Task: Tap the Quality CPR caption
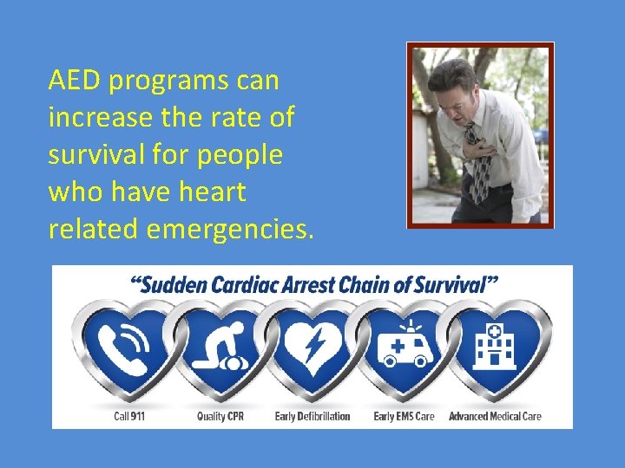(x=220, y=417)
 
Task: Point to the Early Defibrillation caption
(x=312, y=417)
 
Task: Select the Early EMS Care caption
(x=404, y=417)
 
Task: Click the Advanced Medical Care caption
(x=495, y=417)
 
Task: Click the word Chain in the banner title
(x=369, y=284)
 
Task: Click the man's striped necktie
(x=477, y=169)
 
